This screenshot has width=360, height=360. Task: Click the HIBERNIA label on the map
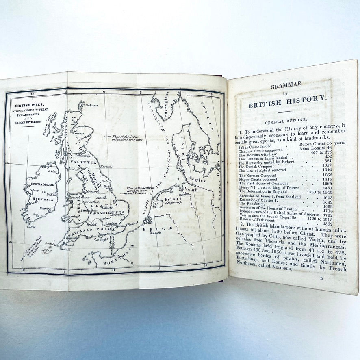click(43, 200)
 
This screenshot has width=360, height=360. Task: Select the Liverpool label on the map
click(92, 191)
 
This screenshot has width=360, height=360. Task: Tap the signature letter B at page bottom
click(321, 278)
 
